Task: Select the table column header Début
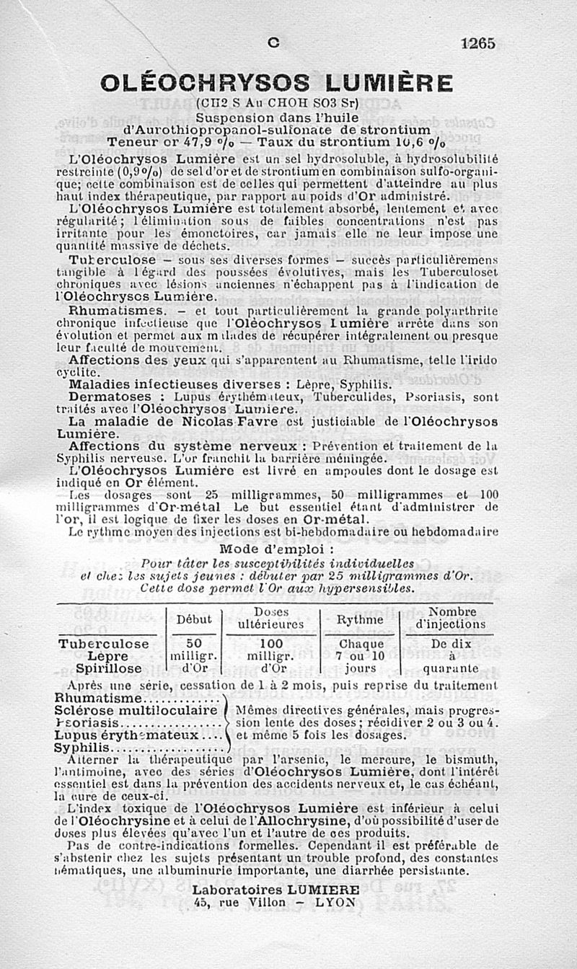[x=194, y=619]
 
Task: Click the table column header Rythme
[x=360, y=620]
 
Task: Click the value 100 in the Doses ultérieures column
[x=270, y=644]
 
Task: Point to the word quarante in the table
[x=452, y=668]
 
